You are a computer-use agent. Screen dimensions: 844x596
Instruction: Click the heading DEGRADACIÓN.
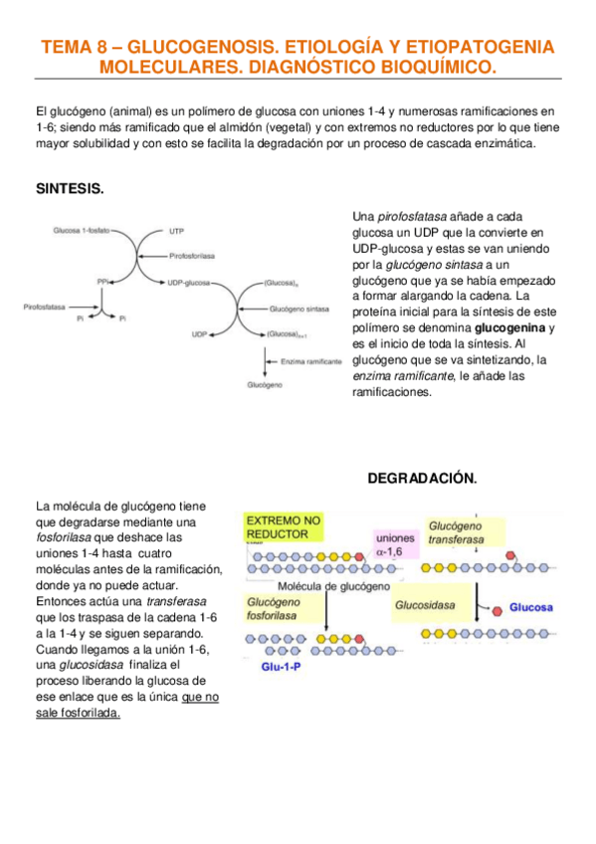[x=423, y=479]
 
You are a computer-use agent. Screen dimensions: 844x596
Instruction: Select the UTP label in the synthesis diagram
[x=177, y=231]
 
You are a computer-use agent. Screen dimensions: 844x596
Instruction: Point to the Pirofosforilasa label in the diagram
[x=194, y=256]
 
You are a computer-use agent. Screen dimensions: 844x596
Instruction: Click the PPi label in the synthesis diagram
[x=102, y=282]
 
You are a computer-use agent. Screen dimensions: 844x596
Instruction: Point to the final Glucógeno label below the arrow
[x=266, y=384]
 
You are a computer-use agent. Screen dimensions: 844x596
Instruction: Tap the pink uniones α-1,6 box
[x=394, y=545]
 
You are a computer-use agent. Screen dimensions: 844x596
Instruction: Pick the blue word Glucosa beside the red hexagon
[x=532, y=606]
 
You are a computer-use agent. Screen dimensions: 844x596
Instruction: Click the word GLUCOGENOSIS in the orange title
[x=202, y=48]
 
